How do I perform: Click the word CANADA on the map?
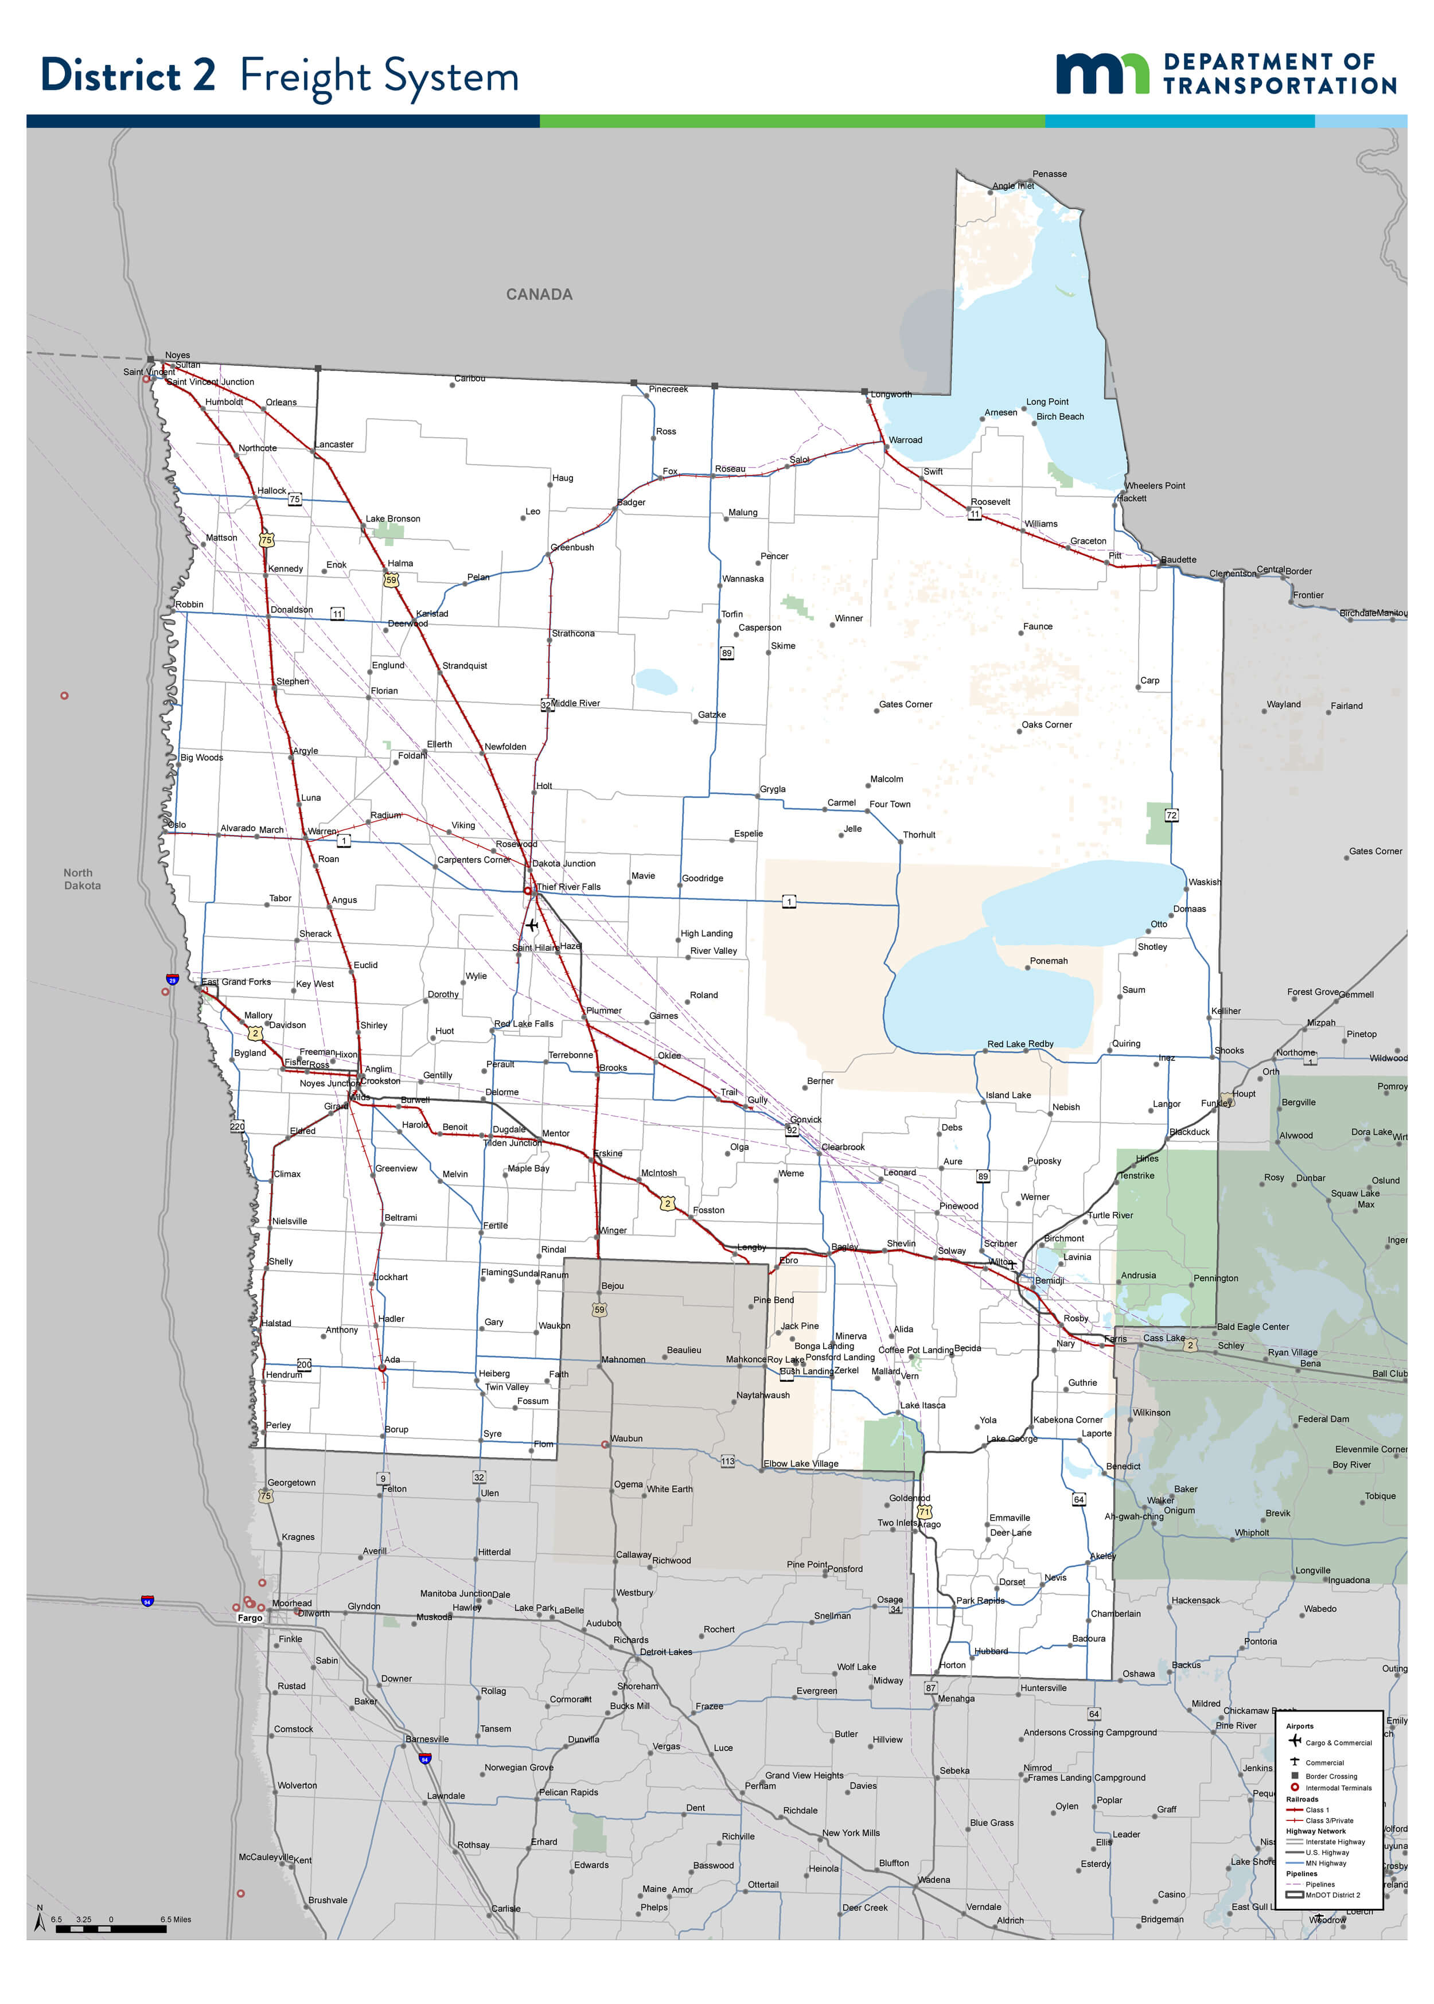tap(539, 294)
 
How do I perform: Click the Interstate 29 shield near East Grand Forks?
tap(172, 980)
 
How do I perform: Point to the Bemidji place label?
tap(1049, 1280)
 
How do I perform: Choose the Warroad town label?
tap(905, 440)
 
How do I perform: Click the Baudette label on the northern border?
tap(1178, 560)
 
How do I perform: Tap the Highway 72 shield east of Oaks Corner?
tap(1171, 815)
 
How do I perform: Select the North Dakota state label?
tap(81, 879)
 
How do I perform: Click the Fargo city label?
tap(250, 1618)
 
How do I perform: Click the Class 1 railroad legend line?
tap(1295, 1809)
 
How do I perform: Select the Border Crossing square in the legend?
tap(1295, 1775)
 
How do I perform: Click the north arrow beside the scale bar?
tap(39, 1921)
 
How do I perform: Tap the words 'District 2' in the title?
tap(128, 75)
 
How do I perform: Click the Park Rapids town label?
tap(980, 1601)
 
